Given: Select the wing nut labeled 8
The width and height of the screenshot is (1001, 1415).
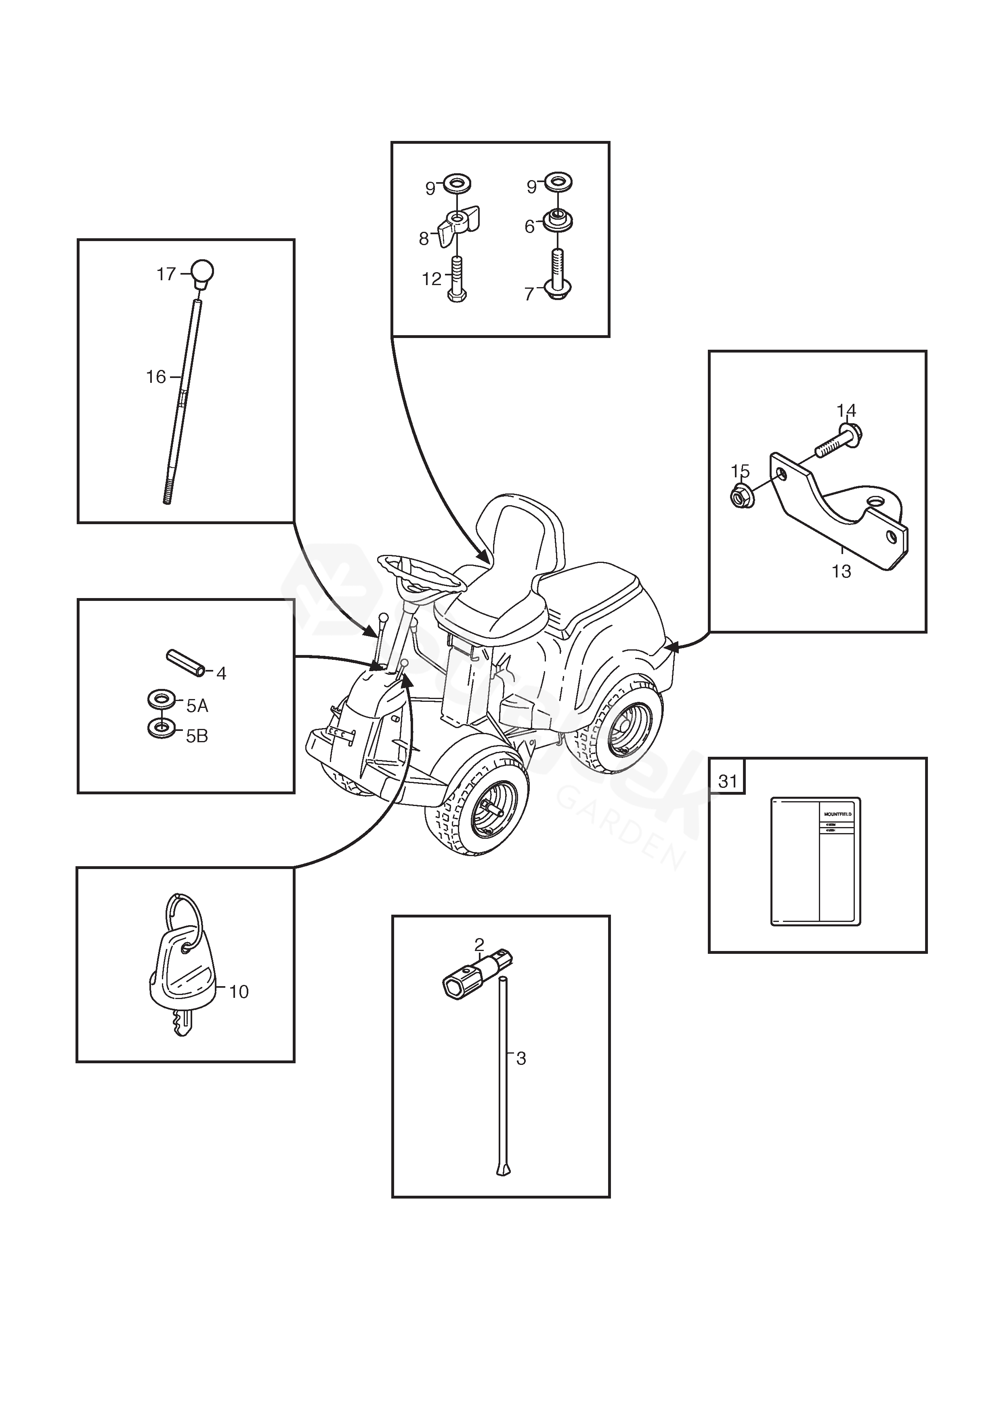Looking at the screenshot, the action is pos(459,227).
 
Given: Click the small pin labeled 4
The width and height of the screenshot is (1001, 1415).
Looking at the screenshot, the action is pos(185,664).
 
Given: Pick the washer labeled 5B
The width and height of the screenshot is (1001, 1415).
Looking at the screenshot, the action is pos(162,729).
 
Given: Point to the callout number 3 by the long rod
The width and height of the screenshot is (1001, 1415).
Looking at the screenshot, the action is pos(521,1059).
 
